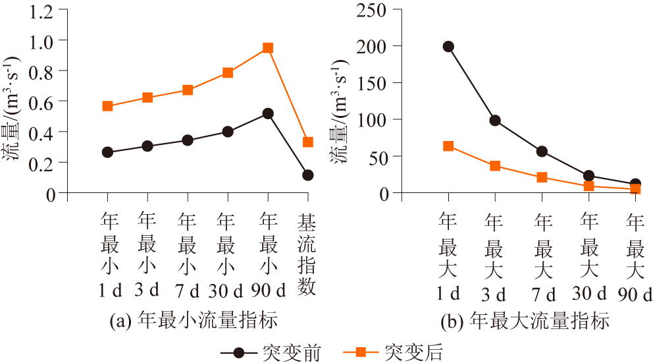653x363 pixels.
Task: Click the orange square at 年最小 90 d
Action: [267, 48]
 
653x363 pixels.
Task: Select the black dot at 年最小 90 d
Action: [267, 113]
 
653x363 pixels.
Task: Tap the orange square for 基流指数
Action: [307, 142]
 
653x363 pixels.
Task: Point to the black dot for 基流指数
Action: [307, 175]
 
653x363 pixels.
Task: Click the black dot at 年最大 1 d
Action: [448, 47]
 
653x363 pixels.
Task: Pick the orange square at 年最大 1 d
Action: [448, 146]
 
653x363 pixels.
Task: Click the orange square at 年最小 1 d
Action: [108, 106]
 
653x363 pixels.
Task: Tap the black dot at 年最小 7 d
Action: [188, 140]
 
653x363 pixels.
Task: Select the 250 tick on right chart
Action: [371, 9]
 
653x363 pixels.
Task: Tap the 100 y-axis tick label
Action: [371, 120]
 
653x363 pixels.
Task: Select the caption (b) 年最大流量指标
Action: [525, 321]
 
